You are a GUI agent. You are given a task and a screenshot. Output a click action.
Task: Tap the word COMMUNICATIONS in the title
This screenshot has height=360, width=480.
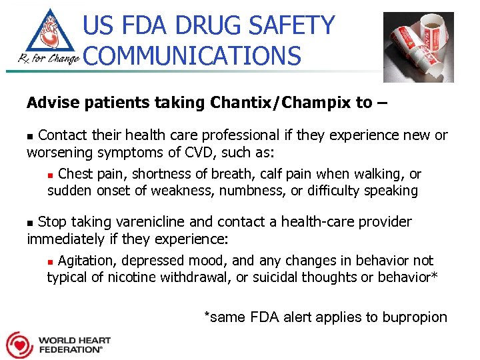pyautogui.click(x=193, y=55)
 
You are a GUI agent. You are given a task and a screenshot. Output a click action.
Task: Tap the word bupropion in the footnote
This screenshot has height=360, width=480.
pyautogui.click(x=415, y=317)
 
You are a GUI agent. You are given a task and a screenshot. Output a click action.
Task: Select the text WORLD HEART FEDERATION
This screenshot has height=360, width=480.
pyautogui.click(x=73, y=345)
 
